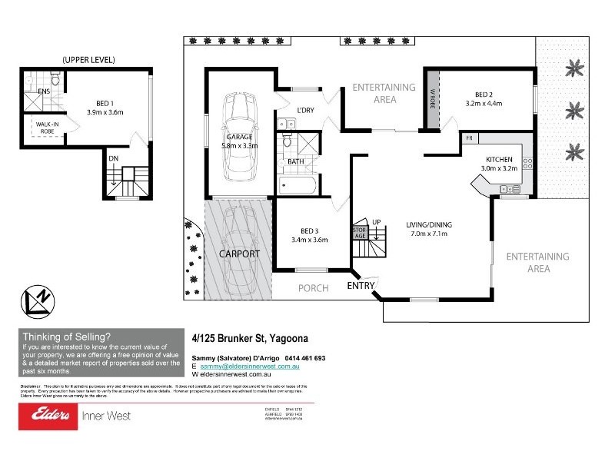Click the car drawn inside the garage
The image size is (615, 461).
pyautogui.click(x=236, y=134)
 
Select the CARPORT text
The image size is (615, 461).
pyautogui.click(x=239, y=254)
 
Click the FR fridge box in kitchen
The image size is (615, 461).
pyautogui.click(x=469, y=138)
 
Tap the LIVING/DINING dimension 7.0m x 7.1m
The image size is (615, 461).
pyautogui.click(x=427, y=234)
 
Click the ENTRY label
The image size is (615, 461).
pyautogui.click(x=361, y=286)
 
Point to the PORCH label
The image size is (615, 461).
pyautogui.click(x=314, y=288)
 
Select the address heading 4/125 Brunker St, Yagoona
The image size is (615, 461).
pyautogui.click(x=254, y=336)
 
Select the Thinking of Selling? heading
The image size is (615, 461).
pyautogui.click(x=67, y=335)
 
